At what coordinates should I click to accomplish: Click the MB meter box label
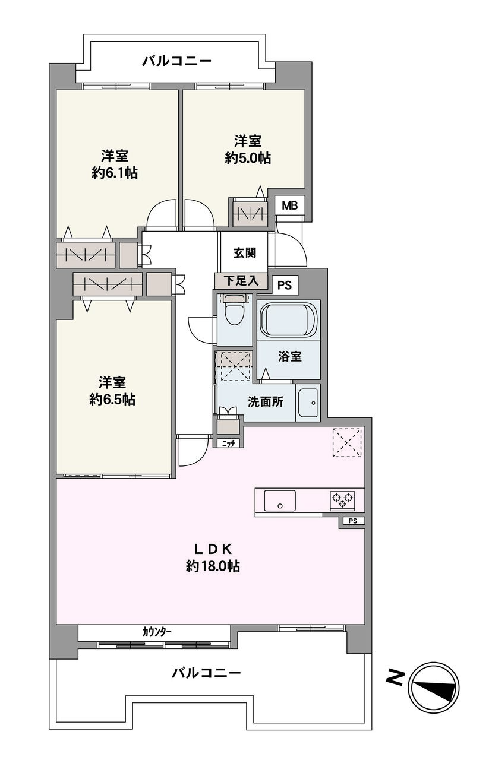tap(289, 205)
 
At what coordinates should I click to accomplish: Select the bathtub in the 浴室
tap(288, 321)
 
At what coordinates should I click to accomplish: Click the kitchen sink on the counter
tap(279, 501)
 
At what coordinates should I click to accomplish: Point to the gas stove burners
tap(342, 500)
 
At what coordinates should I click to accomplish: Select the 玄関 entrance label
tap(244, 252)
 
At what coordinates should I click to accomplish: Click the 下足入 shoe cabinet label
tap(241, 281)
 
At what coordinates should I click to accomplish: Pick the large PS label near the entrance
tap(285, 285)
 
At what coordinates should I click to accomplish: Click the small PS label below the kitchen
tap(353, 521)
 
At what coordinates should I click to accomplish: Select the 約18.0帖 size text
tap(213, 566)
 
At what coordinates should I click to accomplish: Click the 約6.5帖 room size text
tap(112, 400)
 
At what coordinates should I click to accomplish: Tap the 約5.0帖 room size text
tap(248, 158)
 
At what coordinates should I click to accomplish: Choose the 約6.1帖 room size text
tap(115, 173)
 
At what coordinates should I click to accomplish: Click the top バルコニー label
tap(177, 61)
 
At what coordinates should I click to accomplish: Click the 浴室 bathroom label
tap(290, 356)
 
